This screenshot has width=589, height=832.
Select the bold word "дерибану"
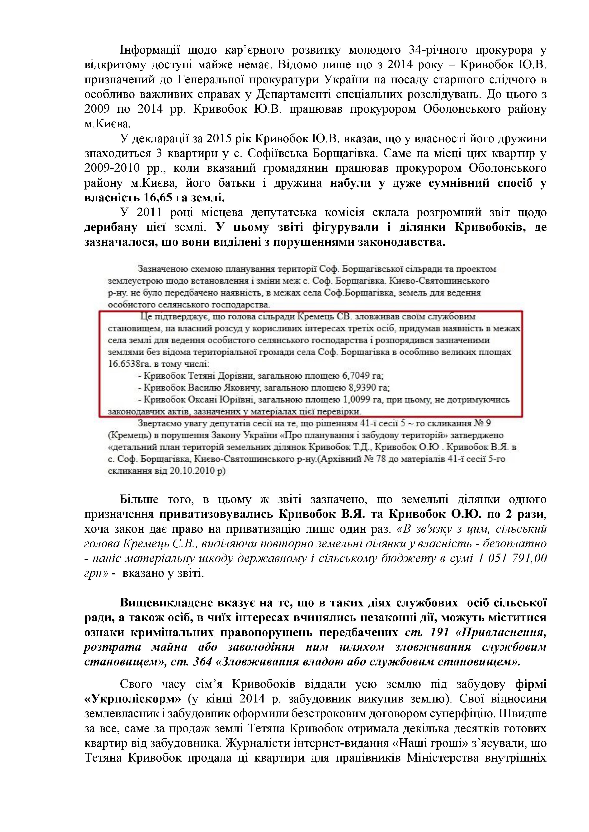(111, 227)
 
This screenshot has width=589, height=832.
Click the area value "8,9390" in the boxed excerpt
(354, 388)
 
